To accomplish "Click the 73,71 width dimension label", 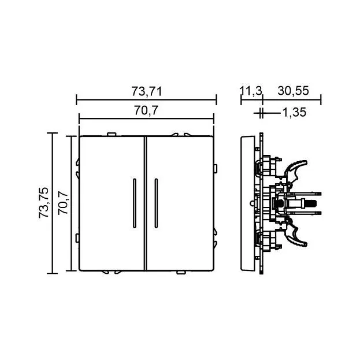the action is (x=146, y=91).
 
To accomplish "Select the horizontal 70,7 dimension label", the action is (x=146, y=110).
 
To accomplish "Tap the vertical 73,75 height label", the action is (x=43, y=202).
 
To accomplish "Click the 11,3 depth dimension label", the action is (x=251, y=91).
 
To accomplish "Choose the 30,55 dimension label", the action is (x=293, y=91).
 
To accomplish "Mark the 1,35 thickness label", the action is (x=294, y=112).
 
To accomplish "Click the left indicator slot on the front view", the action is (x=135, y=203).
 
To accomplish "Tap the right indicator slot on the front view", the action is (x=156, y=203).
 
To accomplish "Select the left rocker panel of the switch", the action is (x=112, y=203).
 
